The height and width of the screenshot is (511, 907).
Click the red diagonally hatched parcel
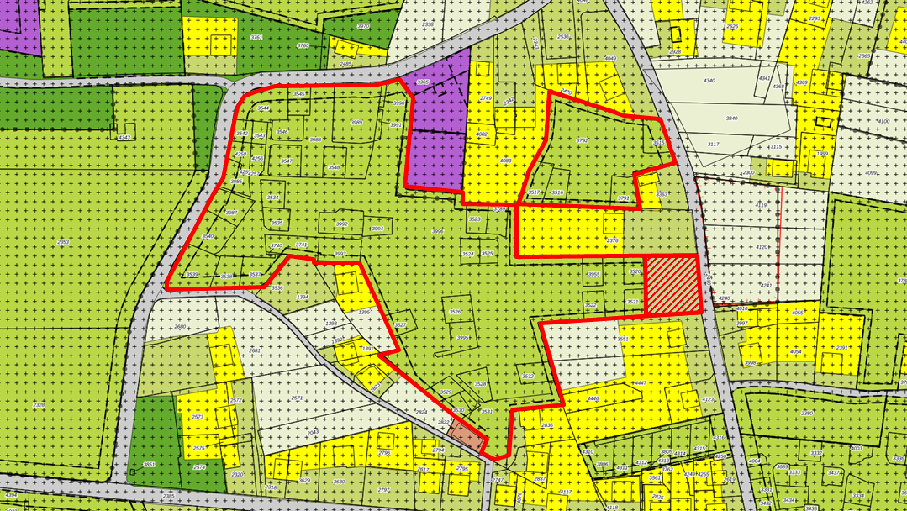(x=672, y=283)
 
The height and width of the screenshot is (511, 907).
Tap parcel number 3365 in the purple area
(x=423, y=82)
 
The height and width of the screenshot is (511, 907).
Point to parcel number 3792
(x=582, y=140)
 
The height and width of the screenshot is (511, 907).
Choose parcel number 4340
(x=709, y=81)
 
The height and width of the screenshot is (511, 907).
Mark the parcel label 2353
(x=63, y=243)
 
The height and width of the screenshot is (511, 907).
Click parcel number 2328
(x=39, y=405)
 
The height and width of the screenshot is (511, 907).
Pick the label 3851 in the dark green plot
(x=149, y=464)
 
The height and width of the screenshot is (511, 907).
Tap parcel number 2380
(x=807, y=413)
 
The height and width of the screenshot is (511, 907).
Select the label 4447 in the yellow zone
(x=640, y=383)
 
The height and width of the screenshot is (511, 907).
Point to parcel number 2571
(x=297, y=398)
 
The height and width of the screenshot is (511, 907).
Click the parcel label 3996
(x=437, y=231)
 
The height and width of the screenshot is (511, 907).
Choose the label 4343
(x=124, y=137)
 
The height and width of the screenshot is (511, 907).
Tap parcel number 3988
(x=315, y=140)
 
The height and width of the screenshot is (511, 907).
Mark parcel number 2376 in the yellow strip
(x=612, y=241)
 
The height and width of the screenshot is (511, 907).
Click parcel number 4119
(x=761, y=205)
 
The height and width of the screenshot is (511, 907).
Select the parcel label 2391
(x=841, y=347)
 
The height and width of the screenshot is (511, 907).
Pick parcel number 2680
(x=179, y=327)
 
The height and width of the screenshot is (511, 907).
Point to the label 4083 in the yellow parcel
(x=505, y=161)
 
